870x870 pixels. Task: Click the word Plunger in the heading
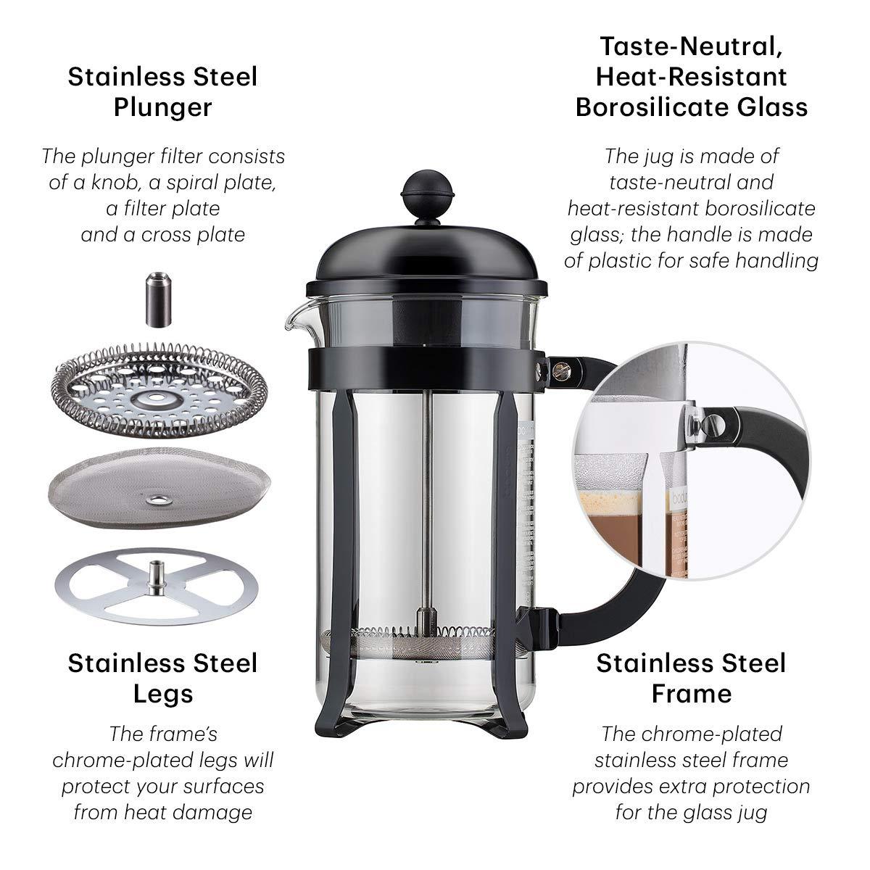coord(162,107)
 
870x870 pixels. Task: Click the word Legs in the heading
coord(162,694)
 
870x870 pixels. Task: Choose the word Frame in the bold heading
coord(691,694)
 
